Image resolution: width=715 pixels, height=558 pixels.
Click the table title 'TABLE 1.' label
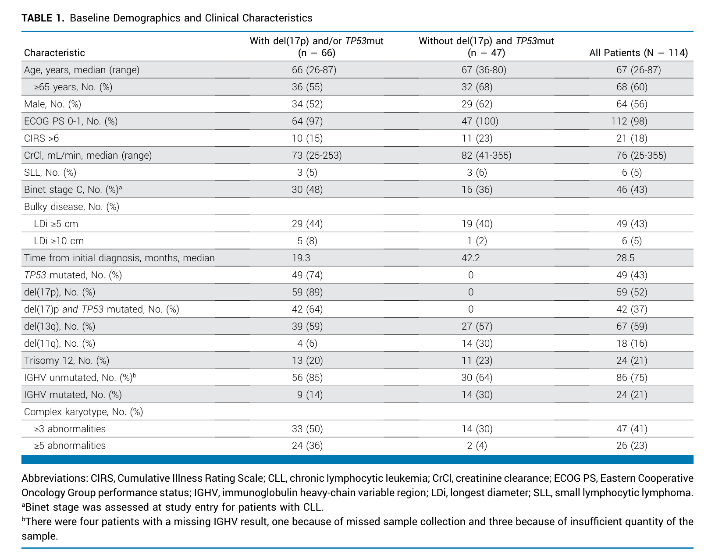tap(43, 18)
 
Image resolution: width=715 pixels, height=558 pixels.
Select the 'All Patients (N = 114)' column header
tap(638, 53)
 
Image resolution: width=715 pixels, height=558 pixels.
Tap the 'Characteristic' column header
tap(54, 53)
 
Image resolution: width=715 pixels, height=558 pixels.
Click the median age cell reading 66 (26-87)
tap(314, 70)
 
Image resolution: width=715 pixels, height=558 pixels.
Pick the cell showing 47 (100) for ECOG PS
tap(480, 121)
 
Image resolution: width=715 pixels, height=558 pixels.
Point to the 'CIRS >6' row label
tap(42, 138)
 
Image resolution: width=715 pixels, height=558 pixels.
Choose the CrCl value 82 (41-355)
tap(486, 155)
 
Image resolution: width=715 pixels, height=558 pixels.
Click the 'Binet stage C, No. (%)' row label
tap(73, 189)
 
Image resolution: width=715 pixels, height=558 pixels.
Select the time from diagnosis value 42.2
tap(470, 258)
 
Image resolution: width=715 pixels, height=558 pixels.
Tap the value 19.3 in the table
tap(301, 258)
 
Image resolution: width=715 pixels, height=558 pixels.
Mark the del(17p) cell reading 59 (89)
tap(307, 292)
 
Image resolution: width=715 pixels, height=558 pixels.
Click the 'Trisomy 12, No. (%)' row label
tap(67, 361)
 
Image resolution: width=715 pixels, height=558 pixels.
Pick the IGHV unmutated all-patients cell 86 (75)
tap(632, 377)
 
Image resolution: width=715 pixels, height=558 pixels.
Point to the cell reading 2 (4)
tap(477, 445)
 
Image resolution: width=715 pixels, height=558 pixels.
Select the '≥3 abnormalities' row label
tap(70, 429)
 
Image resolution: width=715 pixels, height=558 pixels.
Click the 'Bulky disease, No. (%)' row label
tap(71, 206)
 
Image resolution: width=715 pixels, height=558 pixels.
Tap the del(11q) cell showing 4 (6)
tap(307, 344)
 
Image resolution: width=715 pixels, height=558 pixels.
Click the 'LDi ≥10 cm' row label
tap(59, 241)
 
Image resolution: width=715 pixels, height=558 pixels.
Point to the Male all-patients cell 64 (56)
tap(632, 104)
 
